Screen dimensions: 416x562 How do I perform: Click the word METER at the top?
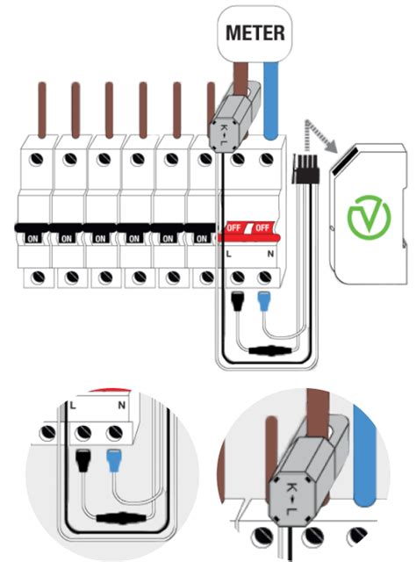click(255, 32)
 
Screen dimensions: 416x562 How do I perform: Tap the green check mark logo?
click(369, 217)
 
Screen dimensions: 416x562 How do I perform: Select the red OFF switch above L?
click(233, 227)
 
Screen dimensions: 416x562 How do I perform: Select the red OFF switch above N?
click(262, 227)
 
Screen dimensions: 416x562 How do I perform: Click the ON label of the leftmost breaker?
click(32, 238)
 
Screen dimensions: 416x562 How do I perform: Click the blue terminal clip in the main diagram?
click(264, 301)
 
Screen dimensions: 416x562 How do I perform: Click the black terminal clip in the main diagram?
click(237, 301)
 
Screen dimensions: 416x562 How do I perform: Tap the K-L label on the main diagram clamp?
click(223, 134)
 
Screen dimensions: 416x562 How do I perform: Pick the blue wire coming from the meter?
click(271, 100)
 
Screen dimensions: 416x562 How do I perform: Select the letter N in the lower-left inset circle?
click(122, 406)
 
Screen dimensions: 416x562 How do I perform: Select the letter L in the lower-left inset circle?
click(73, 406)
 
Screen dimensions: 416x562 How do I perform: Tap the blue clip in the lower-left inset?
click(113, 460)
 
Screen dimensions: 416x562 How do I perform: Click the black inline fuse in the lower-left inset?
click(122, 518)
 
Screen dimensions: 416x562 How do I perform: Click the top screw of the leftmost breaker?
click(37, 159)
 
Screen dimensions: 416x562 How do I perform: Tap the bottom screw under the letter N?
click(264, 277)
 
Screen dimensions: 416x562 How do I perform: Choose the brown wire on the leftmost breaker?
click(42, 110)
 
